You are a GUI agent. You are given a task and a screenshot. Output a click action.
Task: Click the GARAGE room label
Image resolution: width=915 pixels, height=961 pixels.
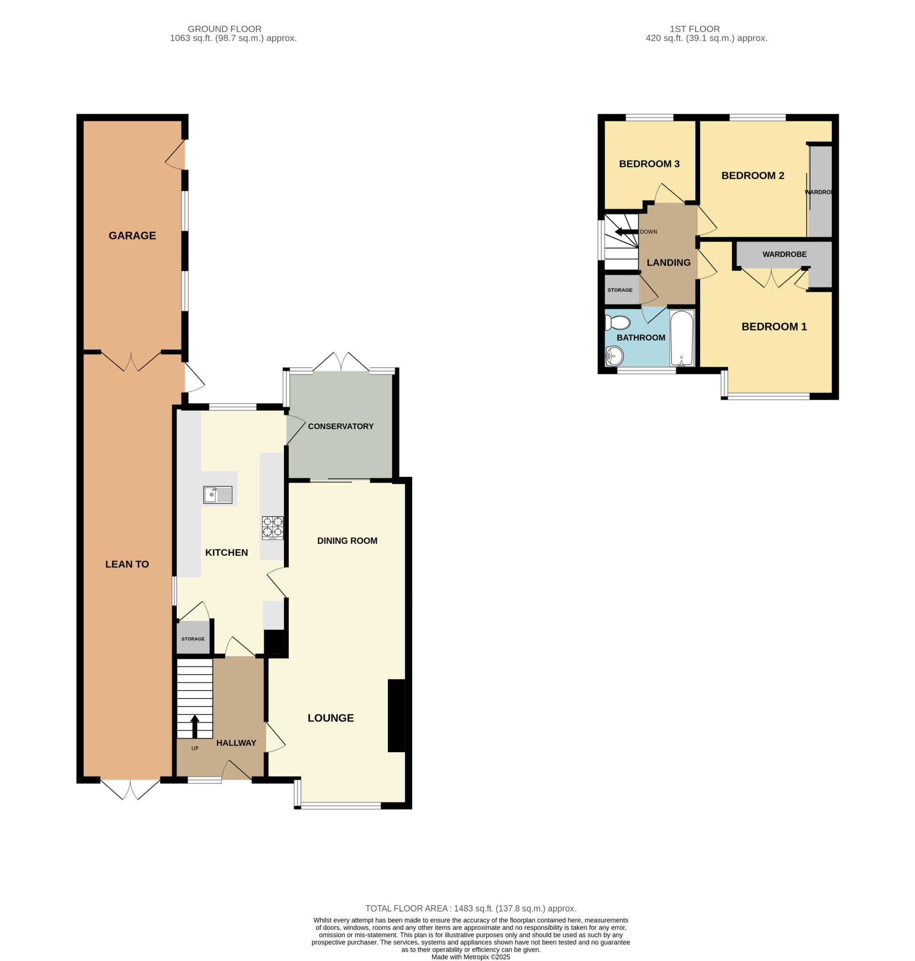[132, 236]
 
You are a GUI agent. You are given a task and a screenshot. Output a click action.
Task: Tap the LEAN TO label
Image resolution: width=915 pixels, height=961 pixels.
[127, 564]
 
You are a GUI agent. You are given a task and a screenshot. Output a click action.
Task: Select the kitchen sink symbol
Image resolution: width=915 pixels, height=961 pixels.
[218, 496]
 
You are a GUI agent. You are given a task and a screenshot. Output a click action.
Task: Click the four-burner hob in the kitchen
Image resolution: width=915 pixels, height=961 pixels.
[272, 527]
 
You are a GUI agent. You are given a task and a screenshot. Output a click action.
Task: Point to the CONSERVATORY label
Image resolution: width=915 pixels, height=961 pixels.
[340, 426]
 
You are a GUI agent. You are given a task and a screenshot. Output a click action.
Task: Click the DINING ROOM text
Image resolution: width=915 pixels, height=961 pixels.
[347, 541]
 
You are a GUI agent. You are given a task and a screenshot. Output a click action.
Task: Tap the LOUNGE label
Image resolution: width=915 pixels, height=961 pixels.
[331, 718]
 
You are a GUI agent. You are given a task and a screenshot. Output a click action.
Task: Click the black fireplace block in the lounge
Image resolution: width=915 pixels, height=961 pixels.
[396, 716]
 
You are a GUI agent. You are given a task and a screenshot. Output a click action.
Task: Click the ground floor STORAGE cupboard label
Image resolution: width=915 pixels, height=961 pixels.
[193, 639]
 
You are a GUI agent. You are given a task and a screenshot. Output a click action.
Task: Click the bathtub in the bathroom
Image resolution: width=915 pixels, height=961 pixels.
[681, 338]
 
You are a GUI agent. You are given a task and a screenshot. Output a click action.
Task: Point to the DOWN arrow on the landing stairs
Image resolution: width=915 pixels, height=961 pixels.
[626, 232]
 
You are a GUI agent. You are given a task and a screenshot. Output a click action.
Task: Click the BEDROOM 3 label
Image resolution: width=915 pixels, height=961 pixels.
[649, 164]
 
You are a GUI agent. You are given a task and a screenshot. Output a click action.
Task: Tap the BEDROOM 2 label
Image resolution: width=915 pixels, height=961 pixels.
[753, 175]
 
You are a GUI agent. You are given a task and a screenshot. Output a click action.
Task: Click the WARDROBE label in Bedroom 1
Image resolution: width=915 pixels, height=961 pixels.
[784, 254]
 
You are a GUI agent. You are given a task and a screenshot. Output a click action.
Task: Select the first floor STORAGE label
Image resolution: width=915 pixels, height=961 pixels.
[620, 290]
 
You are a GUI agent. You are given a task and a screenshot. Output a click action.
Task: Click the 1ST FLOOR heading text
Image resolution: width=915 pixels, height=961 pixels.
[695, 29]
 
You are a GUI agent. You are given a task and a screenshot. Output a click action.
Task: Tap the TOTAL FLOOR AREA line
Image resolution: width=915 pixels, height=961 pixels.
[471, 908]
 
